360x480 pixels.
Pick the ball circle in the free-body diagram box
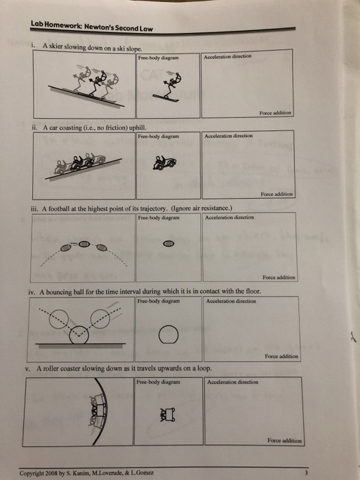(x=168, y=334)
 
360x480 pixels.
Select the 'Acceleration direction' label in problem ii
(x=230, y=136)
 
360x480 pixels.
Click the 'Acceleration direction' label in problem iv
(x=231, y=300)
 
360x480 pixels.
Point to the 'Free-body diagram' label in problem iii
(x=158, y=217)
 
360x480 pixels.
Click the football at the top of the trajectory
(x=82, y=243)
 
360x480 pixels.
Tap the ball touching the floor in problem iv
(x=81, y=332)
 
